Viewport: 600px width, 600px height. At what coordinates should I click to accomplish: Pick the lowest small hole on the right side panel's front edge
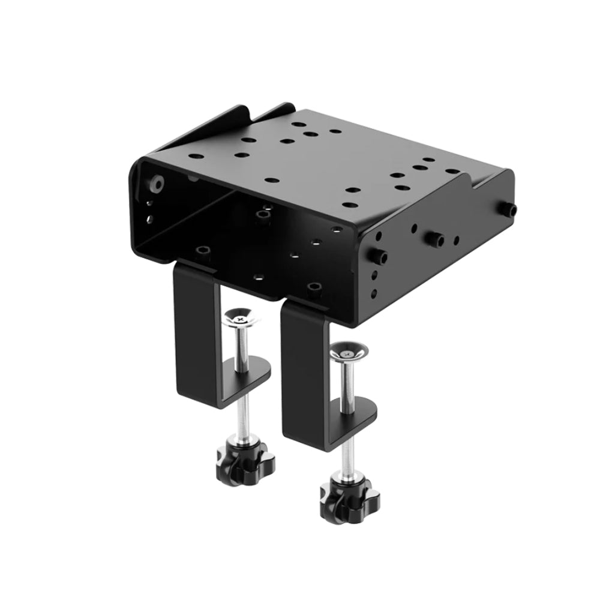click(374, 294)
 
